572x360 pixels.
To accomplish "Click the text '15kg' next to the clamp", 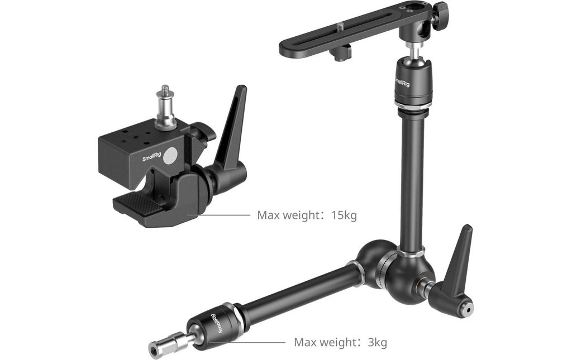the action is [x=344, y=215].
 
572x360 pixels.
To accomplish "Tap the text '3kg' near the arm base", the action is [x=377, y=343].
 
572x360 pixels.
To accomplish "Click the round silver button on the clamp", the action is [x=171, y=156].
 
